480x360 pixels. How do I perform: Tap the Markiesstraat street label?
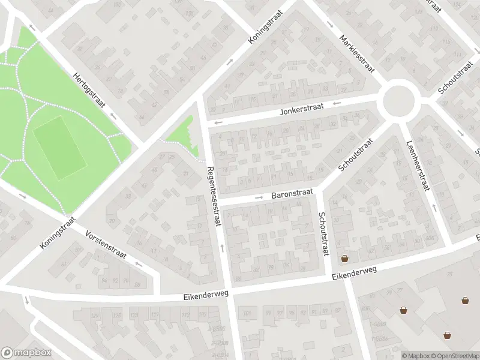click(x=357, y=53)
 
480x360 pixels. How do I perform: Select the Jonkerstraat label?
click(x=301, y=108)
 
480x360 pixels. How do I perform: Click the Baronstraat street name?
click(x=292, y=194)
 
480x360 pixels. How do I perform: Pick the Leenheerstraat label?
click(x=418, y=165)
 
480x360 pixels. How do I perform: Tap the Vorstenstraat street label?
click(x=106, y=245)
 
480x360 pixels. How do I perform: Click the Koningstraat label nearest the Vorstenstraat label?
click(x=59, y=233)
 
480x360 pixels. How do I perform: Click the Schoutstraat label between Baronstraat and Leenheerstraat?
click(x=355, y=155)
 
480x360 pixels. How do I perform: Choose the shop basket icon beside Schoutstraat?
click(x=345, y=259)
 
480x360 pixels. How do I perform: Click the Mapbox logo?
click(x=26, y=353)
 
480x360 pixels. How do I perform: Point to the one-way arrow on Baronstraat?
click(x=259, y=197)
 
